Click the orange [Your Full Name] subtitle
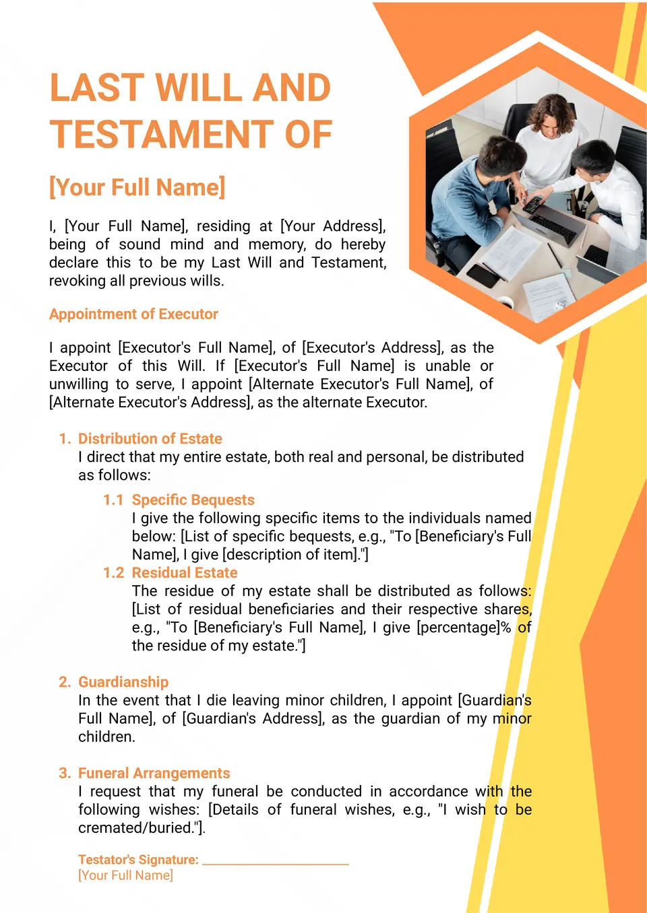[x=137, y=187]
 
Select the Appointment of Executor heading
[x=133, y=314]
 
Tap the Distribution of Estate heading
[x=150, y=439]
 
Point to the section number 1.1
[x=113, y=500]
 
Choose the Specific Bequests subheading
[x=193, y=500]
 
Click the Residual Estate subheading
[x=185, y=573]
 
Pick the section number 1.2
[x=113, y=573]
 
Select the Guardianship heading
[x=123, y=682]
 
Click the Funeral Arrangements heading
[x=154, y=773]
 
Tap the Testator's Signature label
[x=138, y=860]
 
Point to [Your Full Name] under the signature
[x=125, y=875]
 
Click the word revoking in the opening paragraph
[x=76, y=281]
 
